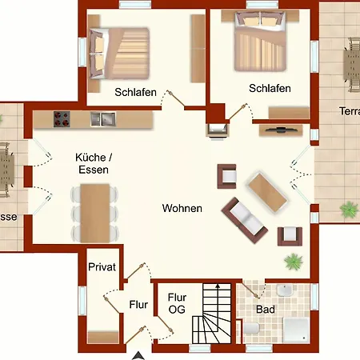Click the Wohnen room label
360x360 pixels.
182,208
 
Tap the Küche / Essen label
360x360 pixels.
92,164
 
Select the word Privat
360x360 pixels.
102,267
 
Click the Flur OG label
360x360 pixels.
177,303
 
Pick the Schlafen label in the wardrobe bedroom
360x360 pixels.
135,92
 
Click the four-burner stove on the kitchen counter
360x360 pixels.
62,119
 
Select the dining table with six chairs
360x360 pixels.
94,212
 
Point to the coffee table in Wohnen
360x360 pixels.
268,190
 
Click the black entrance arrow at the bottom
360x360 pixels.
139,354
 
